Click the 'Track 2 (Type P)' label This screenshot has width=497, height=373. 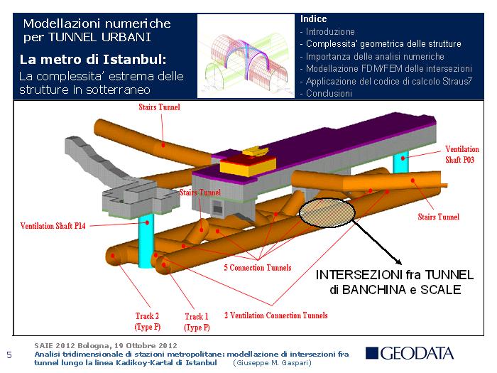coord(147,321)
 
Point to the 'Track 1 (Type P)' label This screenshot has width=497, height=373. coord(197,322)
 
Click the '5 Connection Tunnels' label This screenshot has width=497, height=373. coord(257,268)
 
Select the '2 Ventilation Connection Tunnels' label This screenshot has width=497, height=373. coord(276,315)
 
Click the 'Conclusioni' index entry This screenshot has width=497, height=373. coord(329,93)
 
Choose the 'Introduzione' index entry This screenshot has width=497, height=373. coord(330,32)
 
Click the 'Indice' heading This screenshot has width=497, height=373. coord(314,18)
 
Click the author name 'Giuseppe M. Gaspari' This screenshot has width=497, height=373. coord(274,362)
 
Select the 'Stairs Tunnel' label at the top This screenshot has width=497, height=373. coord(159,107)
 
